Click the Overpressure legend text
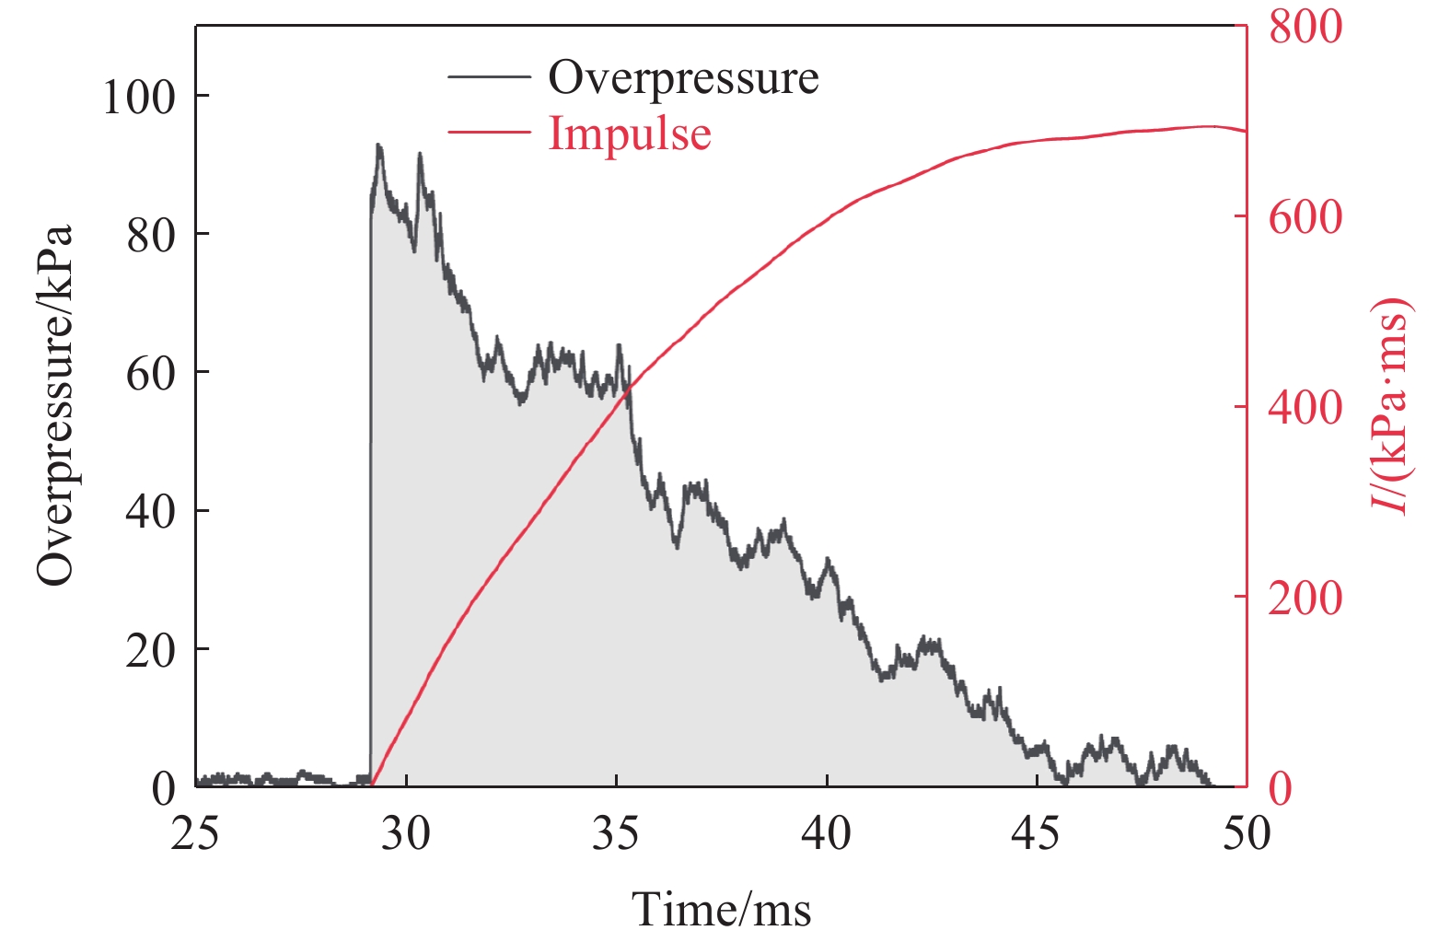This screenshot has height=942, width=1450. pos(683,77)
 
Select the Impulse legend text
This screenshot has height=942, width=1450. pos(630,134)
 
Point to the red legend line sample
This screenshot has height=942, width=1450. pos(489,133)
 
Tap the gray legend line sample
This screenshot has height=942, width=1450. pos(489,77)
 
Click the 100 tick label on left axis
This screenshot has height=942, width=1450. pos(138,97)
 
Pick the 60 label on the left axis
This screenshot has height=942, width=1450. pos(150,374)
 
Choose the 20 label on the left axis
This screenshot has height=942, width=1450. pos(150,651)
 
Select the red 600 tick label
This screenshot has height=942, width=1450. pos(1305,217)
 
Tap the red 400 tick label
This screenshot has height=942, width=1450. pos(1305,408)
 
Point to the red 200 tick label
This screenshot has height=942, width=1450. pos(1305,599)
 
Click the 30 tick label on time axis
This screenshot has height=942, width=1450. pos(406,834)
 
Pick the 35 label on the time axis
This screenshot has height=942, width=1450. pos(616,834)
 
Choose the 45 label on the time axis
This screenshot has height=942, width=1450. pos(1036,834)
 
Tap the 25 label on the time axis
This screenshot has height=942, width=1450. pos(196,834)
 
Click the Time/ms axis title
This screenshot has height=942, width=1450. pos(721,910)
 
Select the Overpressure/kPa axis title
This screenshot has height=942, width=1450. pos(54,405)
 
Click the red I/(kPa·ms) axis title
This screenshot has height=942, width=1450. pos(1390,405)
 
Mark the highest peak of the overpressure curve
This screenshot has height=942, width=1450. pos(377,145)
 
